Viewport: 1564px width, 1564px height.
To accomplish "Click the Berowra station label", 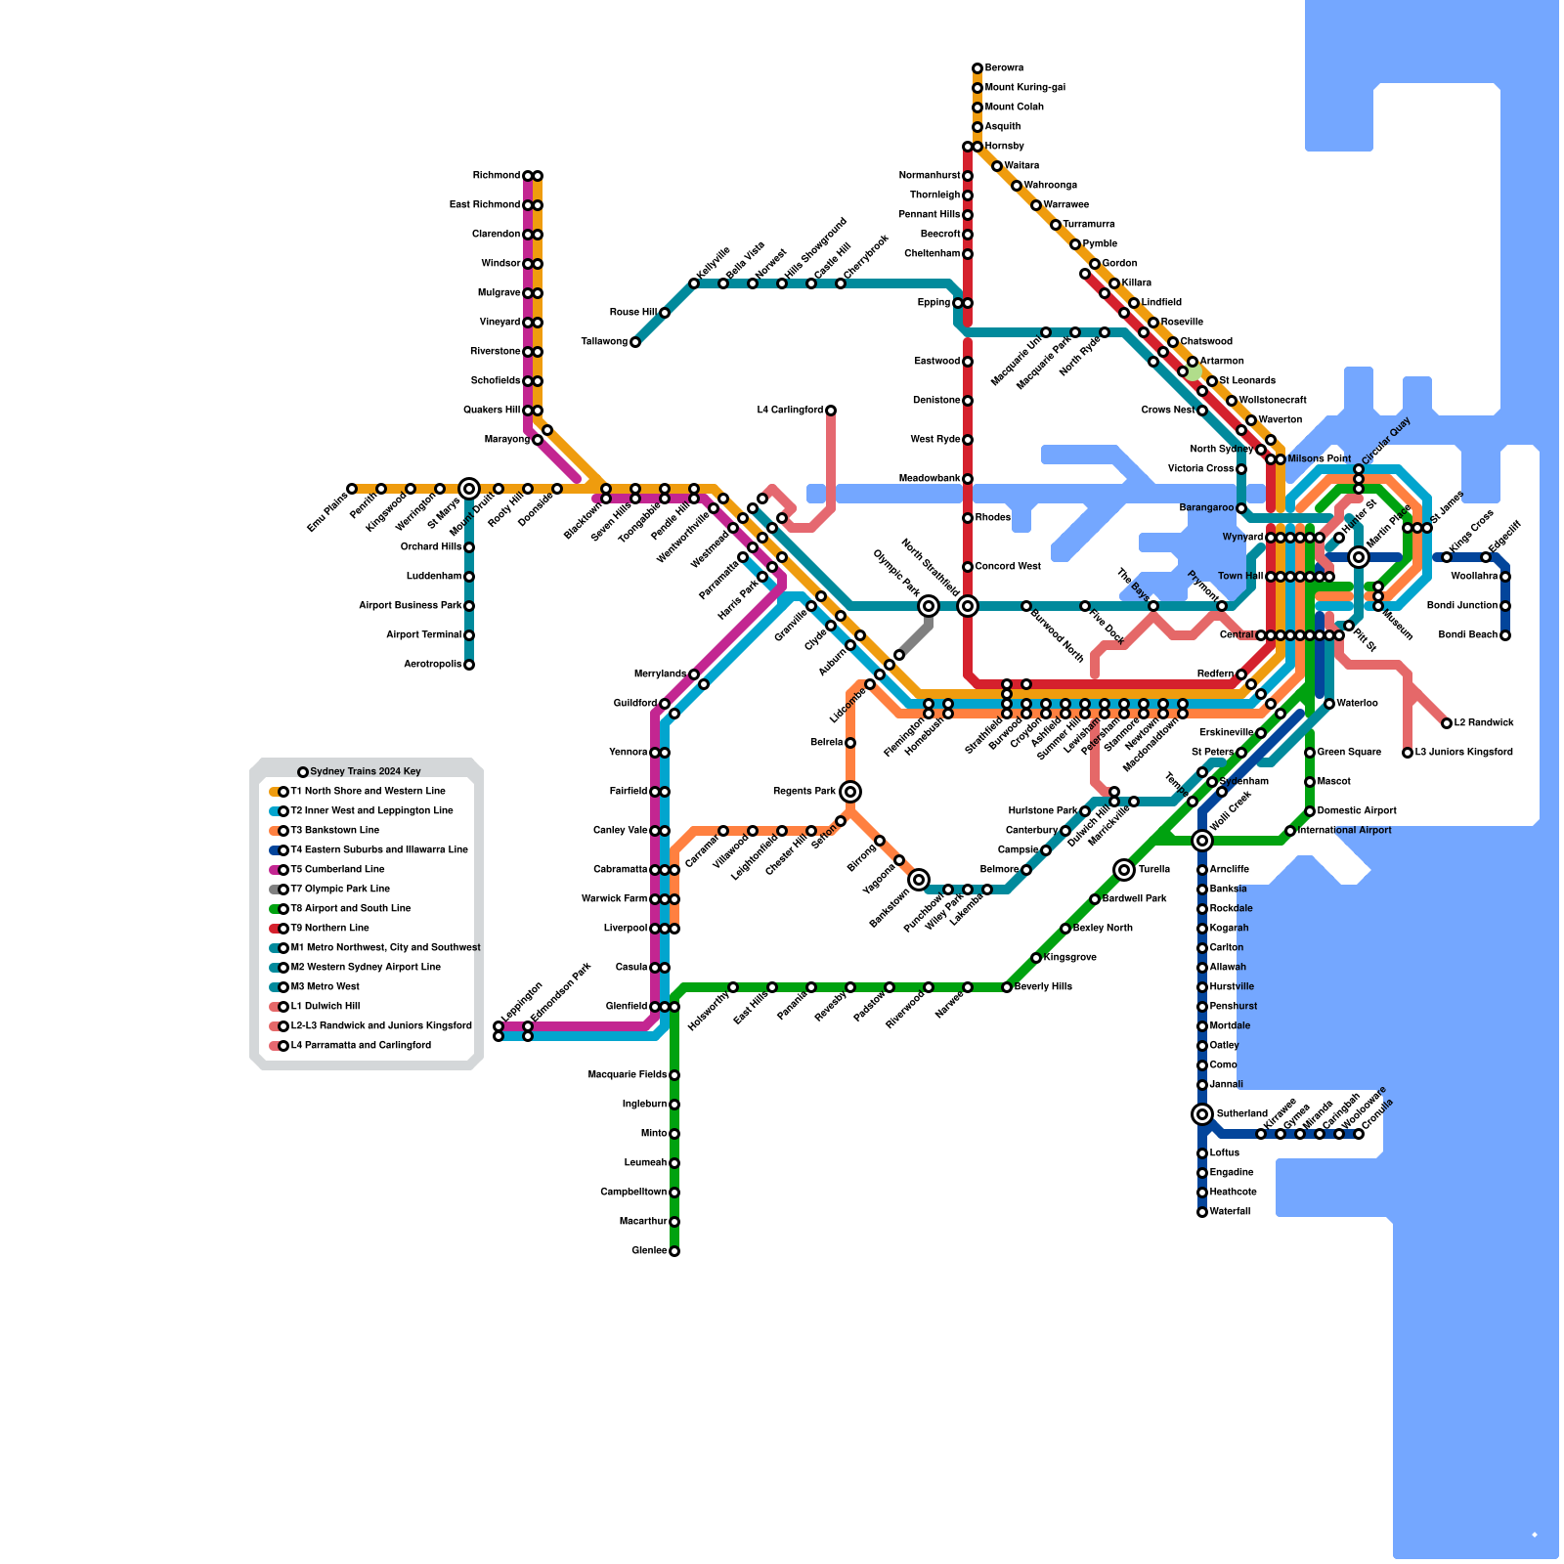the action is pos(1004,68).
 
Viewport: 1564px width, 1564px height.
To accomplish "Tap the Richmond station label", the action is pos(497,176).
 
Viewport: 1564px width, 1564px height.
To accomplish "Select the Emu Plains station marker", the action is pos(352,489).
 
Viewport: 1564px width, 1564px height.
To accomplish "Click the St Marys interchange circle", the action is pos(469,489).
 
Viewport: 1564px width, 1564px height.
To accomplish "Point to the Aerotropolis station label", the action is pos(433,665).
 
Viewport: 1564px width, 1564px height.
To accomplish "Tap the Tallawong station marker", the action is pos(635,342).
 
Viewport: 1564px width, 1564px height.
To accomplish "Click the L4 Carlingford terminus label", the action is pos(790,411).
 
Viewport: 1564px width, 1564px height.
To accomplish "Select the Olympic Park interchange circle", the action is pos(929,606).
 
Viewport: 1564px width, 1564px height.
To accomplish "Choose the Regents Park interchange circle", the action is pos(850,792).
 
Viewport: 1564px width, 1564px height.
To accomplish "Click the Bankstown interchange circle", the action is pos(919,880).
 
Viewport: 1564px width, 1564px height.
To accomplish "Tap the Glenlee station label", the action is pos(649,1251).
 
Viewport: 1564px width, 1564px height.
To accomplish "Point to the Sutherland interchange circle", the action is pos(1202,1114).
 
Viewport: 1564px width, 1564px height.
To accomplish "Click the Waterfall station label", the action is pos(1230,1212).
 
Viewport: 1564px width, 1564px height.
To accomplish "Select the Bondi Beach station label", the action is pos(1468,635).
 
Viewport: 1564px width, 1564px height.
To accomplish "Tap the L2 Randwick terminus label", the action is pos(1484,723).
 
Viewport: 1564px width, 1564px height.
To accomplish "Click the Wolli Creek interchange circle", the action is pos(1202,841).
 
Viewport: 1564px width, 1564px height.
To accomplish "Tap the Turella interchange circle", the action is pos(1124,870).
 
